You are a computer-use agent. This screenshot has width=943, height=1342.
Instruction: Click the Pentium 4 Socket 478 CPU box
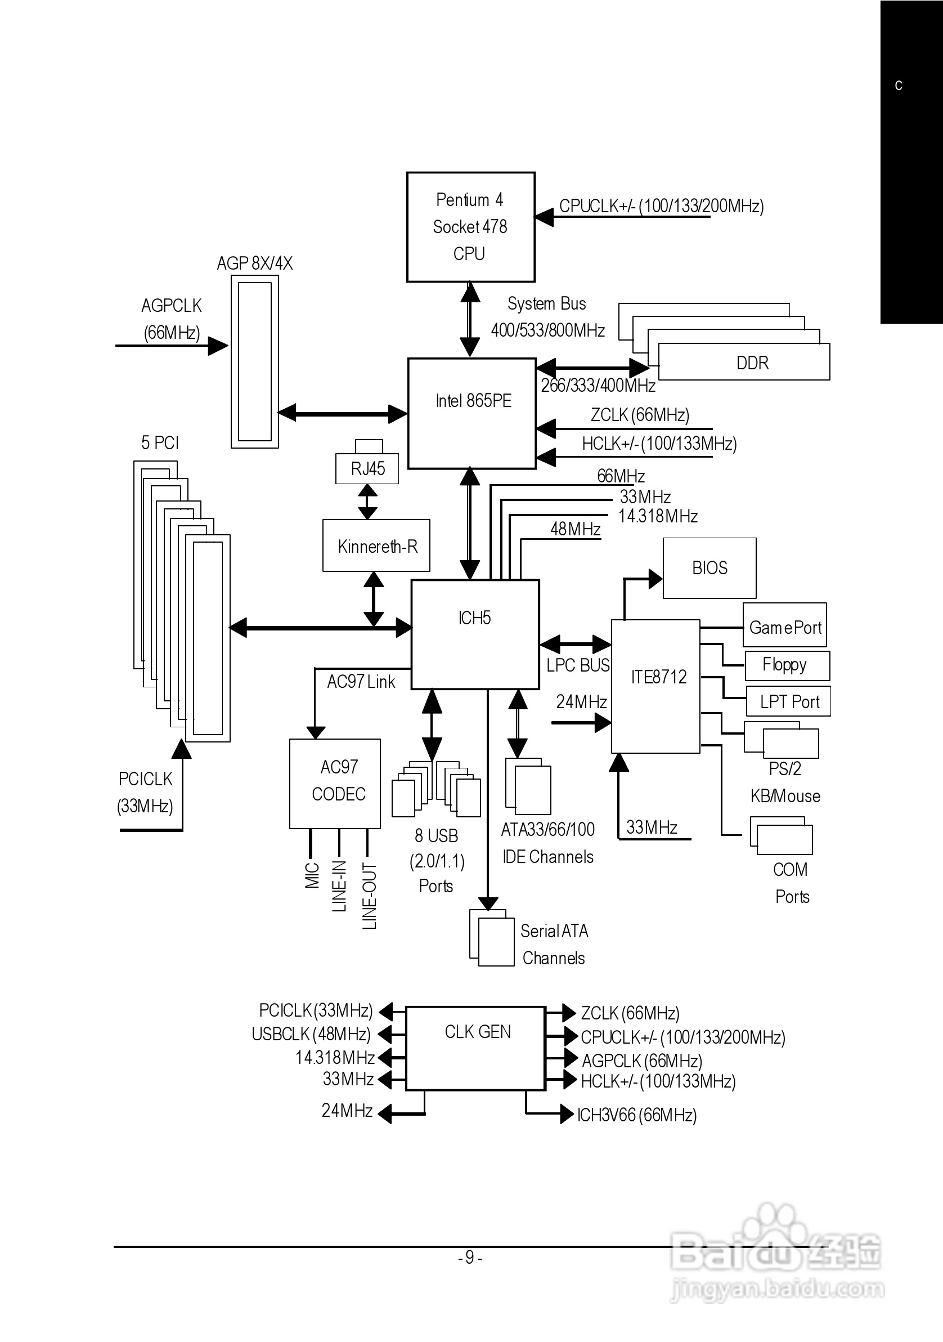(x=470, y=227)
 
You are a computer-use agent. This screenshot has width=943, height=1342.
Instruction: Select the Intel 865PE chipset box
(x=472, y=413)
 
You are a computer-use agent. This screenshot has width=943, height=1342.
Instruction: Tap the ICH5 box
(x=474, y=634)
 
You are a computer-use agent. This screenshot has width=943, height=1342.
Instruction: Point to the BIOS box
(x=710, y=567)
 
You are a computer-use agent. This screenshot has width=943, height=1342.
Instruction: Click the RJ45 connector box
(x=367, y=468)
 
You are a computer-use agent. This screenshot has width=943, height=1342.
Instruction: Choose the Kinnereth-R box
(x=377, y=546)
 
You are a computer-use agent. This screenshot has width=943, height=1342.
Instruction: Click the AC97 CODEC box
(x=335, y=782)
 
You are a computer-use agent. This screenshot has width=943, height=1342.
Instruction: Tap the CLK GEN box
(x=475, y=1048)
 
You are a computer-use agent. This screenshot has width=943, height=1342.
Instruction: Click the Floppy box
(x=787, y=665)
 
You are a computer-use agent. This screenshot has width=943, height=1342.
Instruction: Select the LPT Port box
(x=789, y=701)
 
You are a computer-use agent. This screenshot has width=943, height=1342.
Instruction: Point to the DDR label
(x=752, y=363)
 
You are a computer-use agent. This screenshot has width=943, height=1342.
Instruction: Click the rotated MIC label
(x=312, y=875)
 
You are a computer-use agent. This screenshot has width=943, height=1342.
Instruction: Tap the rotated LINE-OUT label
(x=369, y=895)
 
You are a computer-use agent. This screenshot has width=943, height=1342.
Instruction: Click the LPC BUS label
(x=578, y=665)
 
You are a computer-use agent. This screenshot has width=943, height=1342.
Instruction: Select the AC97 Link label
(x=361, y=682)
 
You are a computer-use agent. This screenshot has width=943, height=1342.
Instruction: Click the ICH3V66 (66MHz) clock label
(x=637, y=1115)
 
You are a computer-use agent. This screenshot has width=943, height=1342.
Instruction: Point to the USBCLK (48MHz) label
(x=311, y=1034)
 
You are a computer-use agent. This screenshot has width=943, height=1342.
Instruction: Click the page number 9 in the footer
(x=470, y=1256)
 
